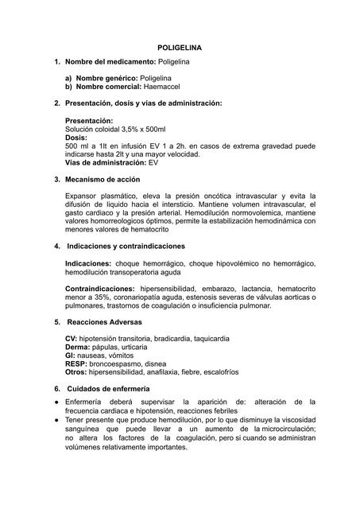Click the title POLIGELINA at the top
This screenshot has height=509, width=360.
(180, 48)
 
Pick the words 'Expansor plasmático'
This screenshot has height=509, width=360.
(98, 196)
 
